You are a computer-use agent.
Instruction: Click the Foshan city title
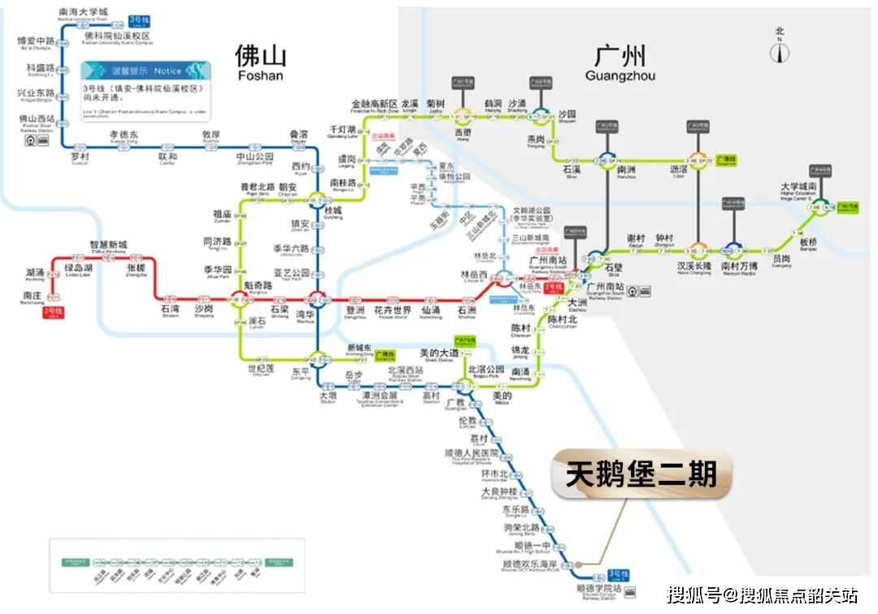pyautogui.click(x=260, y=61)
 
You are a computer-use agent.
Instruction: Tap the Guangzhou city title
pyautogui.click(x=620, y=61)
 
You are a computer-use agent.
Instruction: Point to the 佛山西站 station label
pyautogui.click(x=37, y=119)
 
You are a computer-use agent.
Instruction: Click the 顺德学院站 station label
pyautogui.click(x=598, y=589)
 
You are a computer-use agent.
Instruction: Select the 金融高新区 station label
pyautogui.click(x=374, y=104)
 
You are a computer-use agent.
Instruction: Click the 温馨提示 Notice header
pyautogui.click(x=146, y=71)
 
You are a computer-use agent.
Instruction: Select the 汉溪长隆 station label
pyautogui.click(x=694, y=266)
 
